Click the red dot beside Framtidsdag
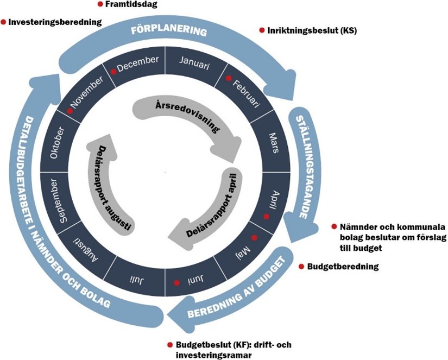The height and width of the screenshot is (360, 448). coord(100,4)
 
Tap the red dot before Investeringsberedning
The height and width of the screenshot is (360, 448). coord(4,22)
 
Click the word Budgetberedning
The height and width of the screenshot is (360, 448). coord(342,267)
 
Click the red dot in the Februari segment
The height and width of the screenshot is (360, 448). coord(229,78)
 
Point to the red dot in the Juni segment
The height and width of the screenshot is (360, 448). coord(176,283)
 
